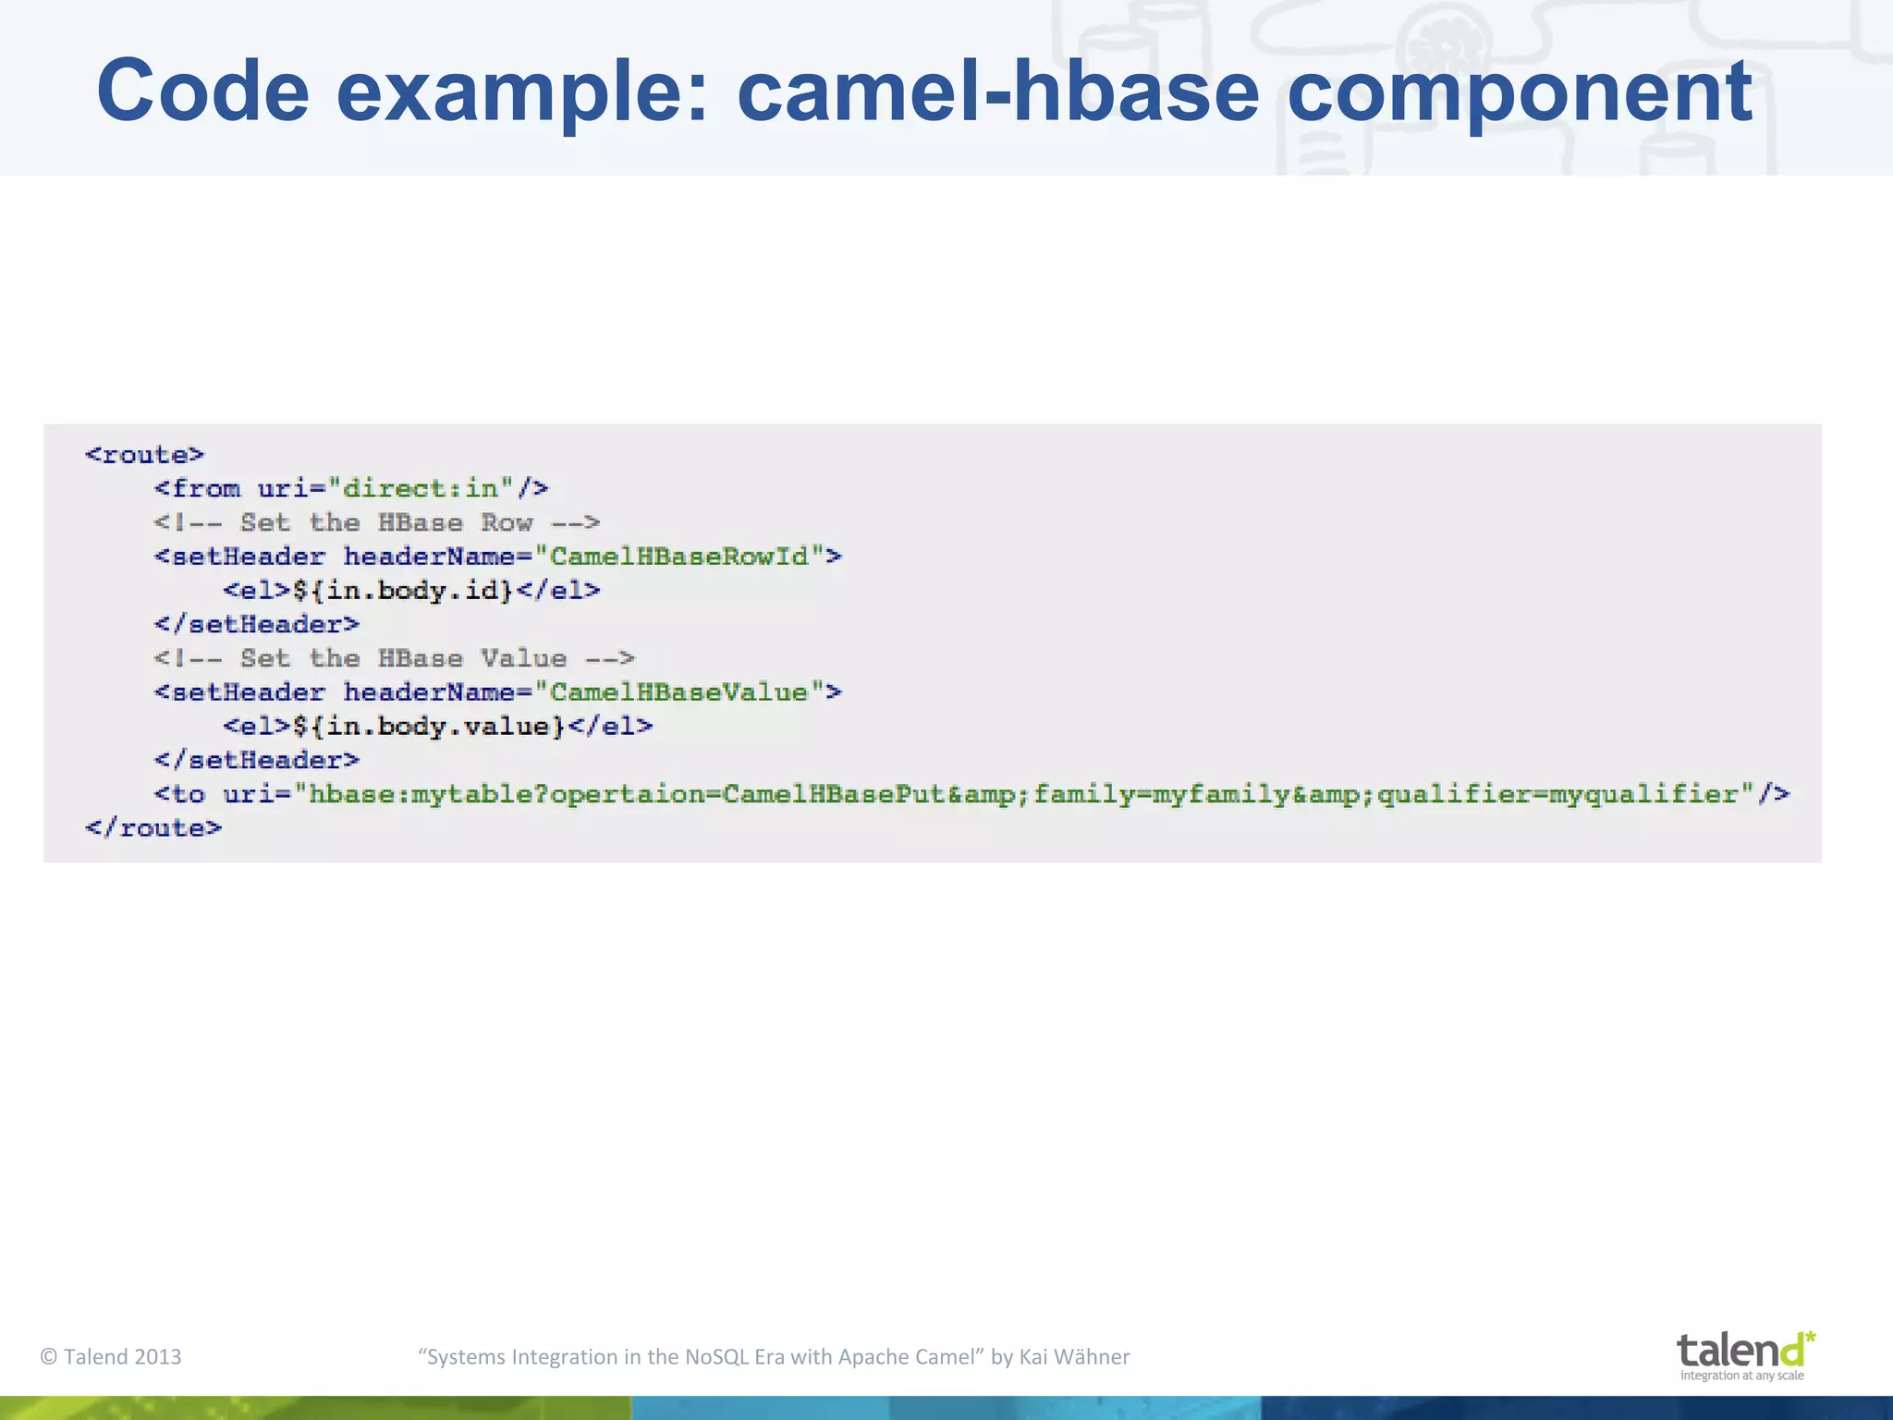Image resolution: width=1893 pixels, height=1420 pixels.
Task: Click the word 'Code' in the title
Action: pyautogui.click(x=202, y=91)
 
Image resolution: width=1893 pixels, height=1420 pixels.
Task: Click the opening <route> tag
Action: pyautogui.click(x=144, y=455)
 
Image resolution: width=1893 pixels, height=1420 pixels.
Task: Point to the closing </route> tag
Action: pyautogui.click(x=153, y=827)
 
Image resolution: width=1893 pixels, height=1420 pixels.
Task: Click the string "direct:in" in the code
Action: pyautogui.click(x=421, y=488)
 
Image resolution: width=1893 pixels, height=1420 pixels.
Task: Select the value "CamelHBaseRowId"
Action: pyautogui.click(x=679, y=557)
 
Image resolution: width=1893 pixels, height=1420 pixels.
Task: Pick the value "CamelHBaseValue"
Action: pyautogui.click(x=679, y=692)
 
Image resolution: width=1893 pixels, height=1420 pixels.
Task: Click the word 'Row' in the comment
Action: pyautogui.click(x=507, y=522)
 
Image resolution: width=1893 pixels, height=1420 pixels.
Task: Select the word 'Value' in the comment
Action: pyautogui.click(x=523, y=658)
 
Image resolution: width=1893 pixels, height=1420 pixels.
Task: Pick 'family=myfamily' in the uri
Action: pyautogui.click(x=1162, y=794)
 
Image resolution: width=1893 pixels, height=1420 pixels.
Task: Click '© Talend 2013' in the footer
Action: pyautogui.click(x=111, y=1357)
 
